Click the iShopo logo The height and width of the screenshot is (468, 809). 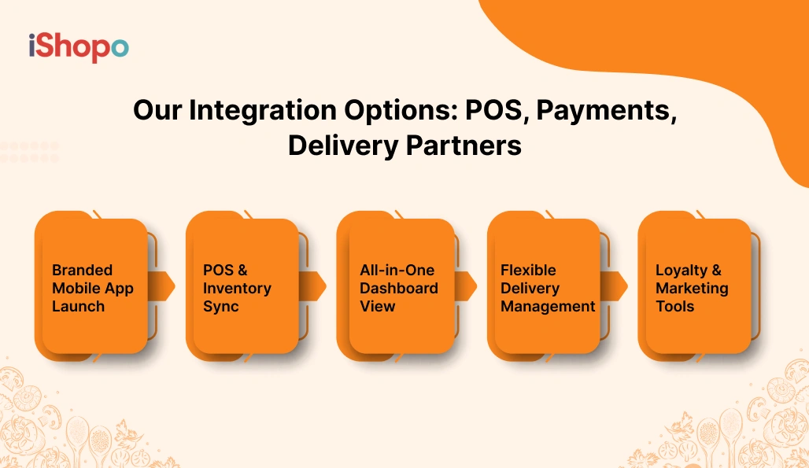78,46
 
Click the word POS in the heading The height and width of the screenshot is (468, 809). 481,110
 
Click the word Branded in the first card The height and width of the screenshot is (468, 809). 82,270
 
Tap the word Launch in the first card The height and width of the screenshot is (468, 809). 78,306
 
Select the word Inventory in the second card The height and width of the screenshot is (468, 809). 237,288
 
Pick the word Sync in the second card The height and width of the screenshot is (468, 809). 220,306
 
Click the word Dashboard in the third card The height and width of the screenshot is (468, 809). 399,288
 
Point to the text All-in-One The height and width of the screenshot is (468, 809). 397,270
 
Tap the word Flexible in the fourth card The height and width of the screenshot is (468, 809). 528,270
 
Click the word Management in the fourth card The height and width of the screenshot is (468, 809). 548,306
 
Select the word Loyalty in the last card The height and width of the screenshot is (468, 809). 682,270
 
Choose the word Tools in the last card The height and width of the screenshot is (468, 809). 674,306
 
